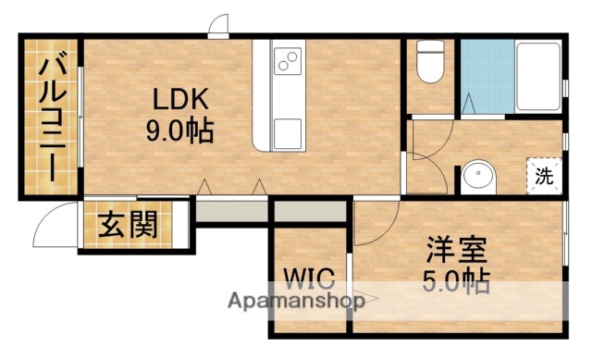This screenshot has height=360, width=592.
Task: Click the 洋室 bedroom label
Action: coord(457,248)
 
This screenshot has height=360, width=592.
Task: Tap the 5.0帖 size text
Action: coord(457,279)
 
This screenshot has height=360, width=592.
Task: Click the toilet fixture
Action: coord(429,62)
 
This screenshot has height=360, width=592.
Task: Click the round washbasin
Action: coord(478,176)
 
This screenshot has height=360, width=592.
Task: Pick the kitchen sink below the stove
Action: coord(287,128)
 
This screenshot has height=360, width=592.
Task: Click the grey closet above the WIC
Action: coord(309,213)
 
